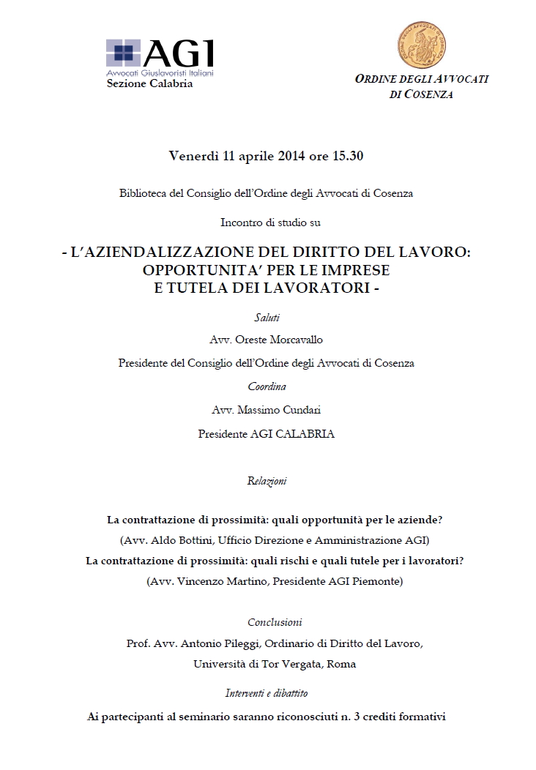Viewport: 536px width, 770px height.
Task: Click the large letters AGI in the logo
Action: (179, 53)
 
